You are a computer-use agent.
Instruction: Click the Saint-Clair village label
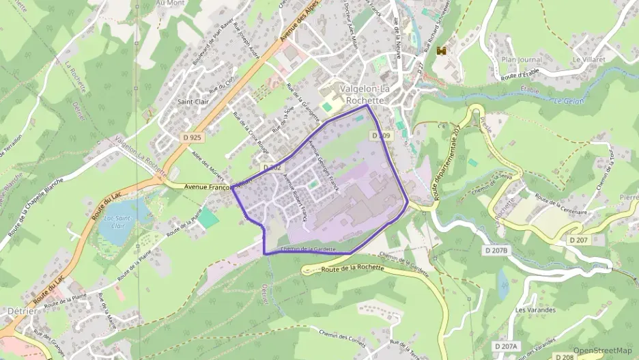click(193, 102)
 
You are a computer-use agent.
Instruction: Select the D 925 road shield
click(193, 137)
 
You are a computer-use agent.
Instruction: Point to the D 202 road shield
click(272, 167)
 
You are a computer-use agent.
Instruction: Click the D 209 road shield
click(381, 136)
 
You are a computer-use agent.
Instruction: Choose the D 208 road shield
click(564, 357)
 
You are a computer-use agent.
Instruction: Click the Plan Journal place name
click(522, 60)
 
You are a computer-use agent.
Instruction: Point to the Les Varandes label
click(536, 309)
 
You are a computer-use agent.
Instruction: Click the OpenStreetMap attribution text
click(602, 350)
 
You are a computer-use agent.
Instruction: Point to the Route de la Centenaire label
click(562, 203)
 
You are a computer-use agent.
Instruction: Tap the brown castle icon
click(442, 50)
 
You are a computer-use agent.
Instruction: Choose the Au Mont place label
click(170, 3)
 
